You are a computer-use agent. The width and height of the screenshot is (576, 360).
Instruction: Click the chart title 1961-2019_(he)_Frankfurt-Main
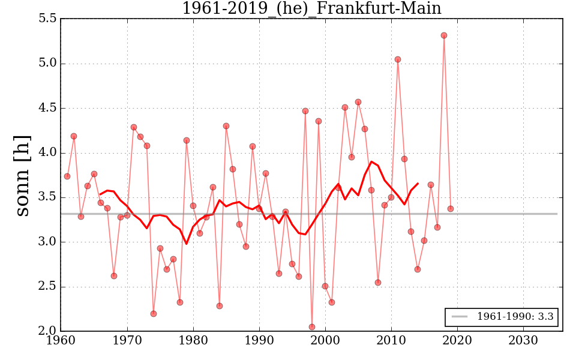[x=311, y=8]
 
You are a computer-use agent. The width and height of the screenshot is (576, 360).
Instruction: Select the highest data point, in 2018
[x=444, y=35]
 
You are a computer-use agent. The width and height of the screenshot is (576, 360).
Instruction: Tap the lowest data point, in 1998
[x=312, y=327]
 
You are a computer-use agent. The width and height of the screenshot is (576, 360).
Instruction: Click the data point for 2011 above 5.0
[x=398, y=59]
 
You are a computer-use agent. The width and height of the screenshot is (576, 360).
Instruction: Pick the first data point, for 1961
[x=67, y=176]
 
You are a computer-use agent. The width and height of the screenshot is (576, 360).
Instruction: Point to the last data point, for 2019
[x=451, y=209]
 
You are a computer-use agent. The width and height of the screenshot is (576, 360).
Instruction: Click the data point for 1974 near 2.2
[x=154, y=314]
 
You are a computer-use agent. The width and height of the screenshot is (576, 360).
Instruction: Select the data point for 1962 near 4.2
[x=74, y=136]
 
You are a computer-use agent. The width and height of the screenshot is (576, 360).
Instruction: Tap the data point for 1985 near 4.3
[x=226, y=126]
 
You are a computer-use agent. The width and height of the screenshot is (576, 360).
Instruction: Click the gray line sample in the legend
[x=460, y=317]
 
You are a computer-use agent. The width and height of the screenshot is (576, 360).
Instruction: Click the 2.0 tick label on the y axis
[x=49, y=331]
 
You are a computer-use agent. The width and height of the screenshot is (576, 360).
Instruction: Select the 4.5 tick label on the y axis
[x=49, y=108]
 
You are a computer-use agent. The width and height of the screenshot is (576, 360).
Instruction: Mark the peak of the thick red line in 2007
[x=371, y=161]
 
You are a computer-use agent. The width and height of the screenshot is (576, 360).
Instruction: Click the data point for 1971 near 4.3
[x=134, y=127]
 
